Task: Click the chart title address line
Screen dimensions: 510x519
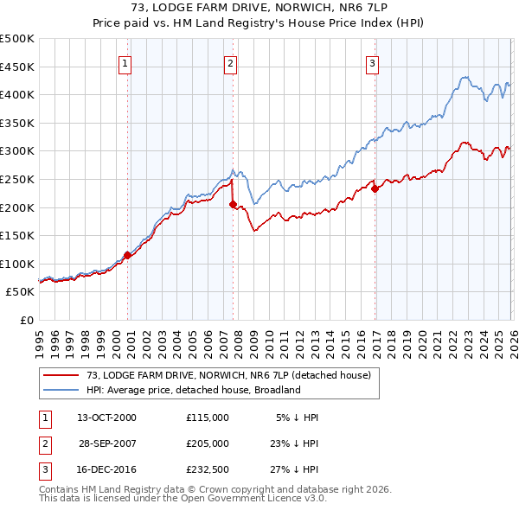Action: (259, 8)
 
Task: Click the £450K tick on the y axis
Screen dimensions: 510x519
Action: (18, 67)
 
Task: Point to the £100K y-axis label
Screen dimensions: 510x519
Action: (18, 264)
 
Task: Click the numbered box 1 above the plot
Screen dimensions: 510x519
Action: (125, 62)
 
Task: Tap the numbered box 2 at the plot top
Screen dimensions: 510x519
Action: (231, 62)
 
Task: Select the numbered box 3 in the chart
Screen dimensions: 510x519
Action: (372, 62)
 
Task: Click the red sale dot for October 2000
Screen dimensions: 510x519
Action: (127, 255)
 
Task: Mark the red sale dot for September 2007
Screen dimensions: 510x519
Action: (233, 204)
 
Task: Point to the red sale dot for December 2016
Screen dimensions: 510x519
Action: (375, 189)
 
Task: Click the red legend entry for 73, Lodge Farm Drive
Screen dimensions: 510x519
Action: (228, 375)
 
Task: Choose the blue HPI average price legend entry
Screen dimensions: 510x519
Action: (193, 390)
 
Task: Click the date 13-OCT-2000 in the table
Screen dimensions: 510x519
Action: (106, 417)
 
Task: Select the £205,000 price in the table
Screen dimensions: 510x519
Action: (207, 443)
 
